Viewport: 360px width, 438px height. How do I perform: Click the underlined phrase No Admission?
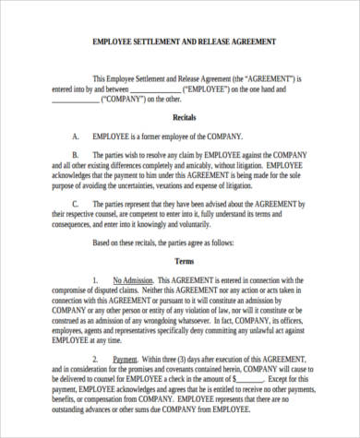pyautogui.click(x=132, y=278)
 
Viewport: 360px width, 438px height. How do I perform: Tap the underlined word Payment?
pyautogui.click(x=126, y=359)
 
